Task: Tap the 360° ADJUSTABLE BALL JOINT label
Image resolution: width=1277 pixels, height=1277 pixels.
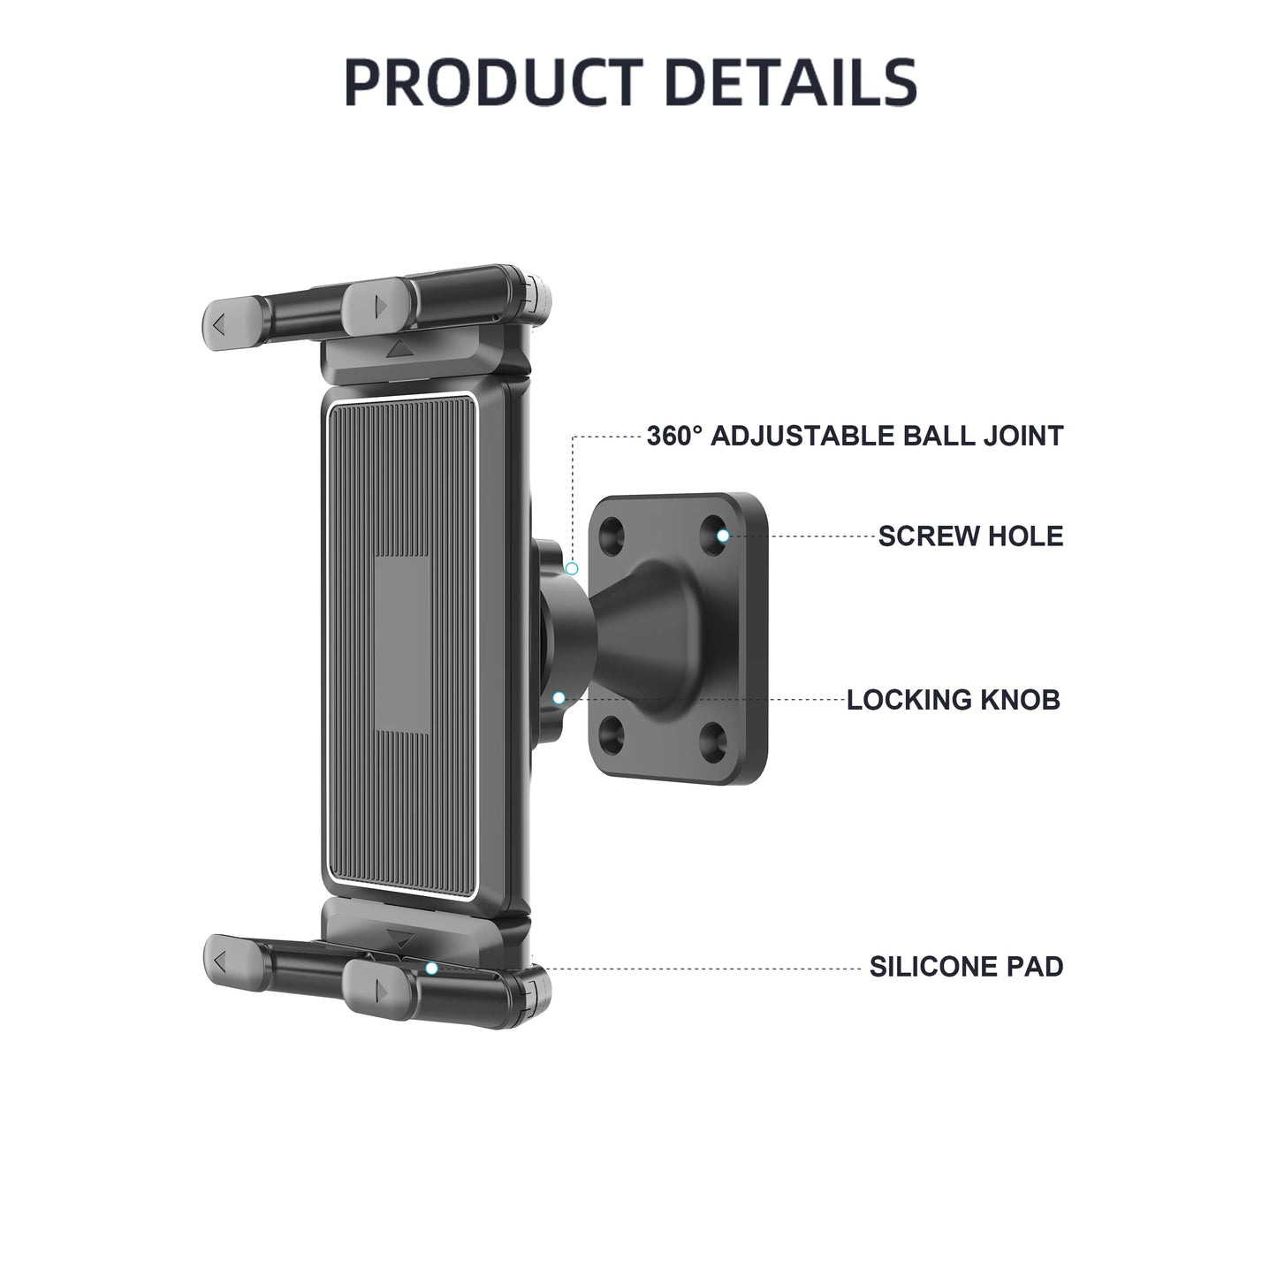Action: (855, 436)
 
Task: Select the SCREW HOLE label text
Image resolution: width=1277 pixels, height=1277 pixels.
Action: (970, 536)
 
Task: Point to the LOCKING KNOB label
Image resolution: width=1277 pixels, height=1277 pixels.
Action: (953, 699)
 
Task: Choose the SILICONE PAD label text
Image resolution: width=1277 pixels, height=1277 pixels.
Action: (966, 966)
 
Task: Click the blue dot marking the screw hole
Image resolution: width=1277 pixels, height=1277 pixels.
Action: (723, 536)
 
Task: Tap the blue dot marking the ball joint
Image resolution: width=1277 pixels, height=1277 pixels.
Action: (572, 568)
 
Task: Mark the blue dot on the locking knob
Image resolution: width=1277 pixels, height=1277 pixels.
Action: (559, 698)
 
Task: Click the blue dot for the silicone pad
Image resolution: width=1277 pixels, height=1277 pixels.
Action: (430, 968)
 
